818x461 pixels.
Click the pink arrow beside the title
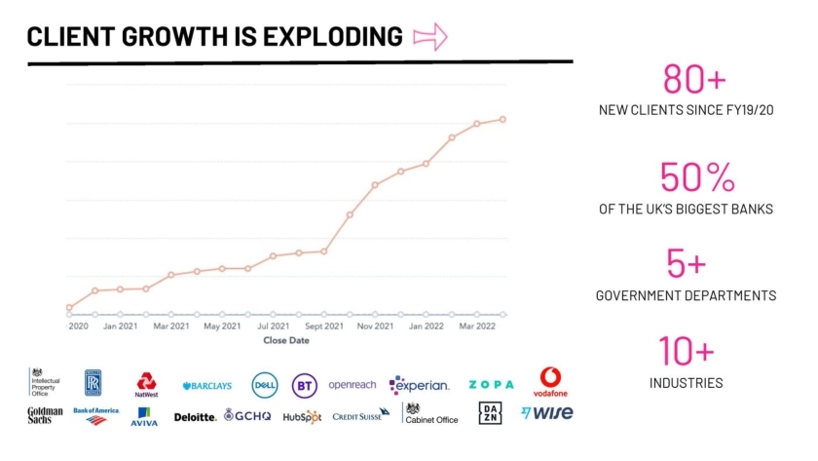click(x=429, y=37)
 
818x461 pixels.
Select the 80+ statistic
click(x=694, y=79)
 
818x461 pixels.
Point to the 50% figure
click(x=696, y=177)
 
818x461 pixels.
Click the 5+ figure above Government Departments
click(x=686, y=264)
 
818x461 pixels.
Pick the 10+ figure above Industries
click(x=686, y=351)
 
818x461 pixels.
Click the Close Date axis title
click(x=286, y=341)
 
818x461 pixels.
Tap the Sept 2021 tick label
click(x=323, y=327)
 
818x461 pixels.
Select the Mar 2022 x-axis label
click(x=476, y=327)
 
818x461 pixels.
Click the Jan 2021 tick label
click(x=121, y=327)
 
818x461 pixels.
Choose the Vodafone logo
click(x=551, y=382)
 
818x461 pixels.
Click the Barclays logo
click(x=206, y=386)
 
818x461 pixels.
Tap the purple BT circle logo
click(x=305, y=386)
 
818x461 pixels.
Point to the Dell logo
click(x=265, y=385)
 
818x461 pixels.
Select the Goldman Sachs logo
click(x=46, y=415)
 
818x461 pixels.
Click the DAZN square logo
click(x=489, y=414)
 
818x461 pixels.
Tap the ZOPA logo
click(x=491, y=385)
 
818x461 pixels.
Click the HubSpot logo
click(x=302, y=416)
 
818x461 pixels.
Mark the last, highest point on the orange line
click(x=502, y=119)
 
